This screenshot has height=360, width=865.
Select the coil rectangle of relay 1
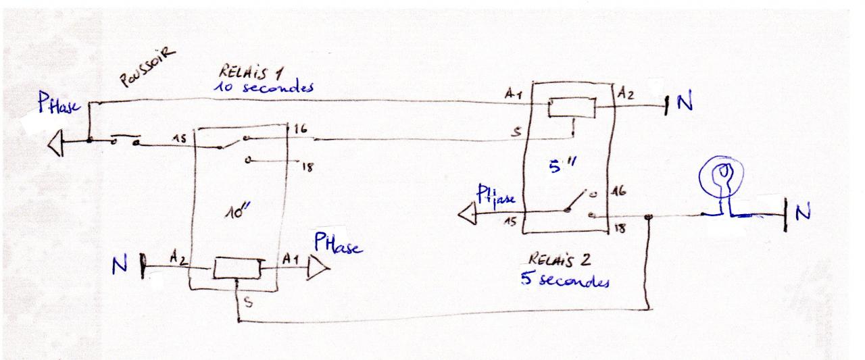click(237, 268)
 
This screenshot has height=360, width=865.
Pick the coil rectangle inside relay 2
click(571, 107)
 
